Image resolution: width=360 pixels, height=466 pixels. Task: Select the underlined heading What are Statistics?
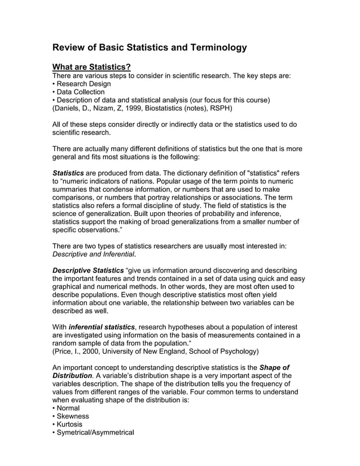click(x=91, y=68)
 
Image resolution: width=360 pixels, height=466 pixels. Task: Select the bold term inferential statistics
click(x=102, y=327)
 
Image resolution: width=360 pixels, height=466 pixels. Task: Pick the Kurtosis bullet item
click(x=69, y=424)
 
